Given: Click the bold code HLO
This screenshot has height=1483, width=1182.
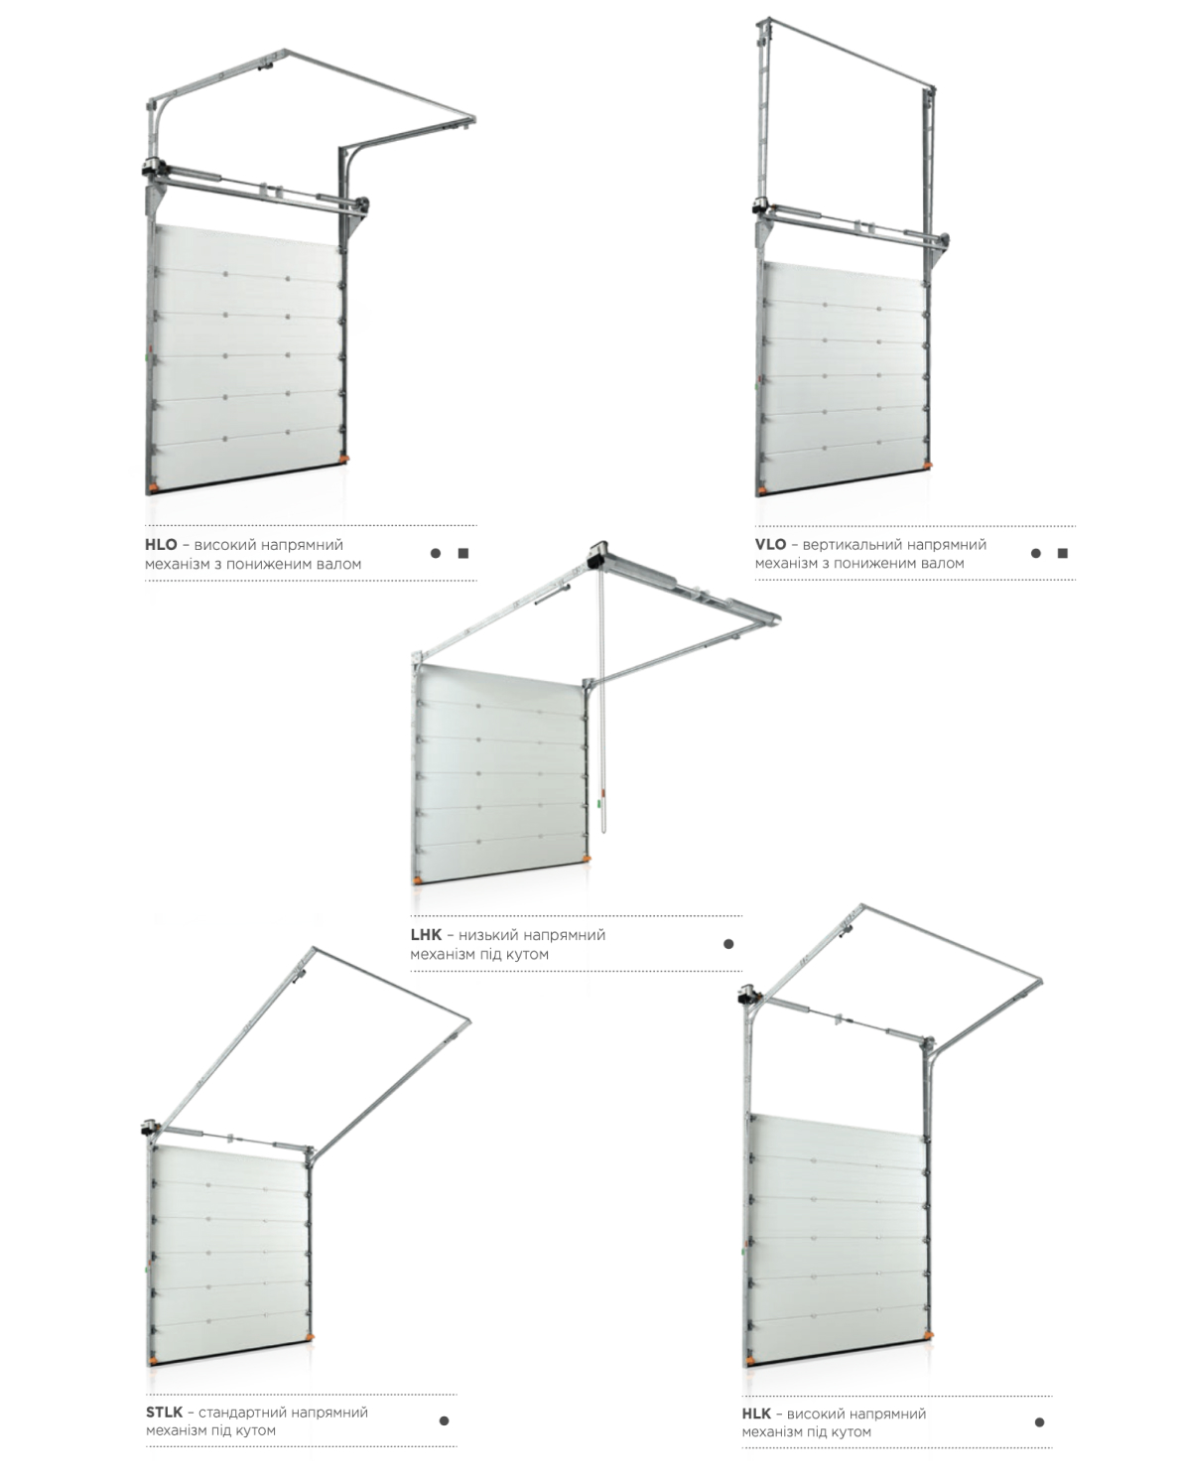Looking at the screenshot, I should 161,545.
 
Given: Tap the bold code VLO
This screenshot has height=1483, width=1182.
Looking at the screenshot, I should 770,544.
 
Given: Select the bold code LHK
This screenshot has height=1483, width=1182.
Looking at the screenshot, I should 426,935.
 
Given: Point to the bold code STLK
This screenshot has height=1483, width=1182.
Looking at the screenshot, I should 165,1413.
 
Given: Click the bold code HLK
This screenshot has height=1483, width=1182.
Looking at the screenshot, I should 756,1414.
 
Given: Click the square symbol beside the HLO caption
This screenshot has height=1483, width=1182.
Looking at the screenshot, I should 463,554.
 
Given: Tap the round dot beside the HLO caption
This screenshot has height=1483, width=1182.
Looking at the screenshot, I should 435,554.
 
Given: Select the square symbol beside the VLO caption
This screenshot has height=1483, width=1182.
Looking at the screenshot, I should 1063,553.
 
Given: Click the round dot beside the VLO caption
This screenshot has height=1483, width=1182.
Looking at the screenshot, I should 1035,553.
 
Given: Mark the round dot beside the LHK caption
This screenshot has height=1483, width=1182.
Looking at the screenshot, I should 728,944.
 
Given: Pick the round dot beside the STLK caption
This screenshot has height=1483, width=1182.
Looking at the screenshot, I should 444,1420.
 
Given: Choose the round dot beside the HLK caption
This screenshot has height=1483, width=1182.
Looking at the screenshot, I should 1040,1421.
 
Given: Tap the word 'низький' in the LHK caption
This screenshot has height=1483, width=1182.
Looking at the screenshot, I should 487,935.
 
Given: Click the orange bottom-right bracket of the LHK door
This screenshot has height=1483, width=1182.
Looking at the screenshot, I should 587,857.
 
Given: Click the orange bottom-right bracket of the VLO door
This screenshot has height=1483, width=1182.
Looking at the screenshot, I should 927,464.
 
